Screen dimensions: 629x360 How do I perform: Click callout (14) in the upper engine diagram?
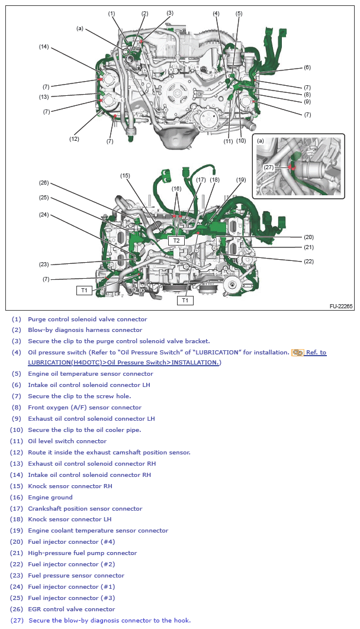44,46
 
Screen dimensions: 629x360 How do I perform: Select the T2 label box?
176,241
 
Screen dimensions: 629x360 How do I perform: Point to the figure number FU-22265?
341,307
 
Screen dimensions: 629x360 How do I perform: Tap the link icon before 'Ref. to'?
297,353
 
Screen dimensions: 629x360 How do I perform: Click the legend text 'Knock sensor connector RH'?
70,486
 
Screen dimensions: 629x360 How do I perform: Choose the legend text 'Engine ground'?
50,497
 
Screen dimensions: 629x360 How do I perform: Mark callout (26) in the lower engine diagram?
44,182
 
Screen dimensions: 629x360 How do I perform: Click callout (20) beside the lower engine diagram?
308,237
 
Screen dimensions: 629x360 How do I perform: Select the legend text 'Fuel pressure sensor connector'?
76,575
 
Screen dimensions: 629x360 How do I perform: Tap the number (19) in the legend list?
17,531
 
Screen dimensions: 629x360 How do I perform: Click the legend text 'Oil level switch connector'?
67,441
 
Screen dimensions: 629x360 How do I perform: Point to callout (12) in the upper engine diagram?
74,139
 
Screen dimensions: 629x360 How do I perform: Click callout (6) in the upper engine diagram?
307,67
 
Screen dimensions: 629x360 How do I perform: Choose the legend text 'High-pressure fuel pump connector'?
82,553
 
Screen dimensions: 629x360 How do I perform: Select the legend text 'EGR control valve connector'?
71,609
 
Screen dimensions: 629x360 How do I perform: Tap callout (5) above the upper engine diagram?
239,13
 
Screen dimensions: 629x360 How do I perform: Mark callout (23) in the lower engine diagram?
44,264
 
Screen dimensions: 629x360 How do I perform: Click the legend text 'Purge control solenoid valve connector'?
87,319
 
